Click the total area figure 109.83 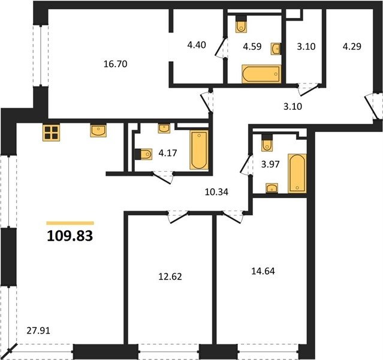[70, 236]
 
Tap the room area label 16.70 [115, 64]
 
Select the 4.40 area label [197, 45]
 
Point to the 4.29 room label [352, 46]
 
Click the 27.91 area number [38, 331]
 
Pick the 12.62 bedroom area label [170, 277]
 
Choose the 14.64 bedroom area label [263, 271]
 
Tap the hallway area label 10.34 [216, 192]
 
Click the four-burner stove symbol [52, 133]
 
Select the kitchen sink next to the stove [98, 130]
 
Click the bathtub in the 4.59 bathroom [261, 74]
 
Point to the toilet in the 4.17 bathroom [144, 154]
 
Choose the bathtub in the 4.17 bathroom [199, 149]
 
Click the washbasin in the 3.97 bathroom [272, 188]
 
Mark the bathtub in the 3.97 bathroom [297, 173]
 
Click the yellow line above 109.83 [70, 223]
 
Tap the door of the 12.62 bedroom [178, 217]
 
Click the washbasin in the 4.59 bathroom [276, 49]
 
